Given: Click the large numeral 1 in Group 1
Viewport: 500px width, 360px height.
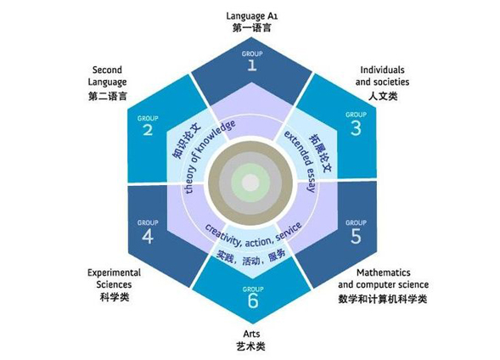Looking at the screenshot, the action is pyautogui.click(x=252, y=65).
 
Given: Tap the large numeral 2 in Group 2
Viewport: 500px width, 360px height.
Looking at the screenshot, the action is pyautogui.click(x=148, y=130).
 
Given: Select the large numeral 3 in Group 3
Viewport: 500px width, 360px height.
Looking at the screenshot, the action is pyautogui.click(x=356, y=128).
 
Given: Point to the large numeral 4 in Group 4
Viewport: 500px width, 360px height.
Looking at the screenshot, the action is pyautogui.click(x=148, y=237).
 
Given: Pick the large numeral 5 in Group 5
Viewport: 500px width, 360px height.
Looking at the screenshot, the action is pyautogui.click(x=356, y=236).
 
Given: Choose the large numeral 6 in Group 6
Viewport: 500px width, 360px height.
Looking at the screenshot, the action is pyautogui.click(x=253, y=301).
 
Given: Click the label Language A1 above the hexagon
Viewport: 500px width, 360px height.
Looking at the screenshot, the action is pyautogui.click(x=252, y=16).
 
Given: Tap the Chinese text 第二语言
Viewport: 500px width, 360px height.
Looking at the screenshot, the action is pyautogui.click(x=108, y=96).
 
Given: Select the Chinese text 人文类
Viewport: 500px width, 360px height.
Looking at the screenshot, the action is pyautogui.click(x=383, y=96).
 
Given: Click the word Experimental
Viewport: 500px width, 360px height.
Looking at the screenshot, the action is pyautogui.click(x=114, y=273).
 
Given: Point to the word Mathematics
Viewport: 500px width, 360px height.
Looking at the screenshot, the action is pyautogui.click(x=384, y=273).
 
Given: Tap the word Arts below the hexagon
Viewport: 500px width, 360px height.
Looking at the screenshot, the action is pyautogui.click(x=251, y=334).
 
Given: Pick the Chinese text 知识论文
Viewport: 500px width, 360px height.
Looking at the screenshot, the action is pyautogui.click(x=186, y=139).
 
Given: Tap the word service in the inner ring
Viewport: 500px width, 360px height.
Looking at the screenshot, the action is pyautogui.click(x=289, y=232).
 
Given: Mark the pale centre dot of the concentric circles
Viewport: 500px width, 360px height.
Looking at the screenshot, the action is pyautogui.click(x=250, y=183).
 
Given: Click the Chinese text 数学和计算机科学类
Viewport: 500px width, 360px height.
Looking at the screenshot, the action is pyautogui.click(x=383, y=299).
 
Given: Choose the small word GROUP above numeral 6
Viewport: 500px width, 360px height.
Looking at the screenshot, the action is pyautogui.click(x=253, y=290).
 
